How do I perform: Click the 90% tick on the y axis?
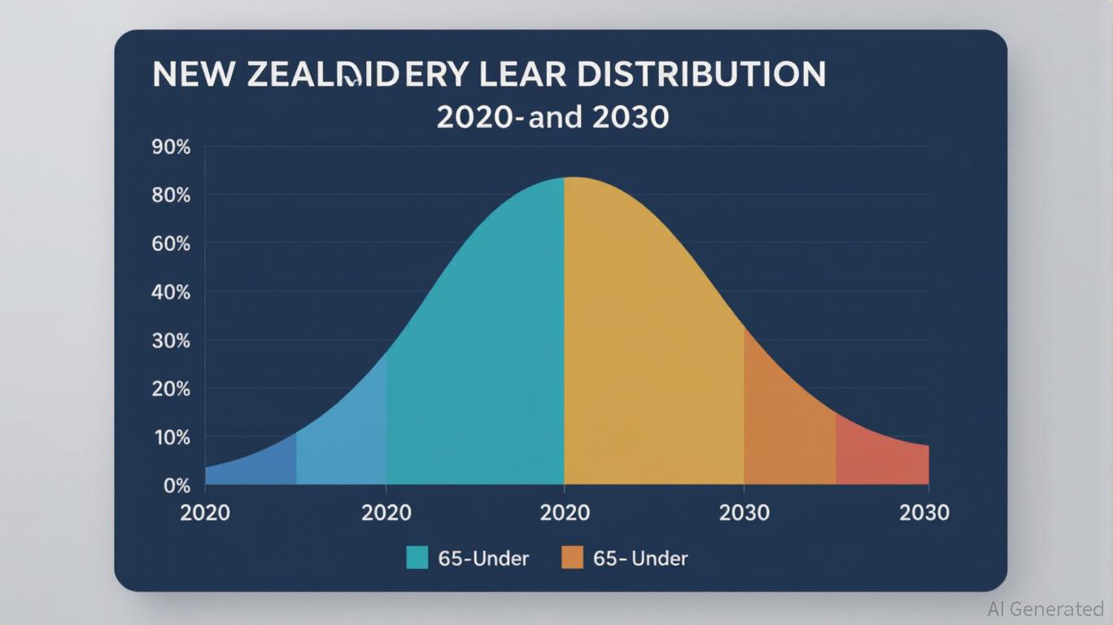pos(171,147)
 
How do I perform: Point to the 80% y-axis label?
pos(171,195)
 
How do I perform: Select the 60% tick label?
pos(171,243)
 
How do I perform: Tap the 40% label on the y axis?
pos(171,291)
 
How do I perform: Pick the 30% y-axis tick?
pos(171,340)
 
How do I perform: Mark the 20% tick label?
pos(171,389)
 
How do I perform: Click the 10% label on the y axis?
pos(171,437)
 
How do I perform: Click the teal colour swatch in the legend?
pos(417,557)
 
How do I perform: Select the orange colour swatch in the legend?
pos(573,557)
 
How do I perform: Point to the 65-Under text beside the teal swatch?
pos(483,558)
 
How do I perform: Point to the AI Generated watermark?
pos(1045,609)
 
